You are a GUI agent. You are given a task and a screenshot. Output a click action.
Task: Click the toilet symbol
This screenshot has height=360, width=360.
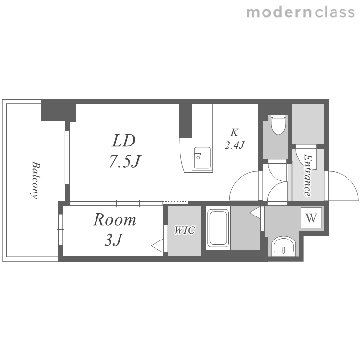pyautogui.click(x=279, y=125)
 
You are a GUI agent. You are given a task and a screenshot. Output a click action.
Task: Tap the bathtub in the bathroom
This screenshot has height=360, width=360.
pyautogui.click(x=218, y=228)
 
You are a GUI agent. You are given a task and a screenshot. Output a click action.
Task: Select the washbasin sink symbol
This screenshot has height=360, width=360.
pyautogui.click(x=284, y=247)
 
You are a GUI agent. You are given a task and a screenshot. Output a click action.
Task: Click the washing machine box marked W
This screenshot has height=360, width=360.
pyautogui.click(x=312, y=217)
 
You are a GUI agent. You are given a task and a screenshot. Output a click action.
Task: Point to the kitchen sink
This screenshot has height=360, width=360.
pyautogui.click(x=202, y=158)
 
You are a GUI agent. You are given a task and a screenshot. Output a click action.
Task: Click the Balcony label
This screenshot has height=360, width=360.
pyautogui.click(x=36, y=180)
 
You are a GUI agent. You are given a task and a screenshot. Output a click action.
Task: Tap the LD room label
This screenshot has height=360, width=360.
pyautogui.click(x=124, y=141)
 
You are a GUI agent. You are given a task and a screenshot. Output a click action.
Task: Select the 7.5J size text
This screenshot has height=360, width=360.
pyautogui.click(x=125, y=161)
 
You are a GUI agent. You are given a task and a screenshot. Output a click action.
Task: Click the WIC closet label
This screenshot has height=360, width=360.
pyautogui.click(x=185, y=230)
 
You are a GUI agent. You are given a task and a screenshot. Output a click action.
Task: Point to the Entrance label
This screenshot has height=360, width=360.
pyautogui.click(x=308, y=175)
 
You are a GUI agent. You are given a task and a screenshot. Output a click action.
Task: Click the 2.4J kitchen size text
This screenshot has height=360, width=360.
pyautogui.click(x=235, y=145)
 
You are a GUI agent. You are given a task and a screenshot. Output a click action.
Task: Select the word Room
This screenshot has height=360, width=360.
pyautogui.click(x=115, y=220)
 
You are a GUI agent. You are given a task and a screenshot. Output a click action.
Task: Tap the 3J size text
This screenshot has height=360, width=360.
pyautogui.click(x=113, y=240)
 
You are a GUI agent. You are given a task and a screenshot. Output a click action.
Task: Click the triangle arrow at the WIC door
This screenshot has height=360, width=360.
pyautogui.click(x=157, y=246)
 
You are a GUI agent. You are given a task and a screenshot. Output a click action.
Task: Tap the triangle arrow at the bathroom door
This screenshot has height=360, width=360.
pyautogui.click(x=255, y=213)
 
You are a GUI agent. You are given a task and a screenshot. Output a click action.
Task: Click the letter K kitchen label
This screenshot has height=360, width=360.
pyautogui.click(x=234, y=132)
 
